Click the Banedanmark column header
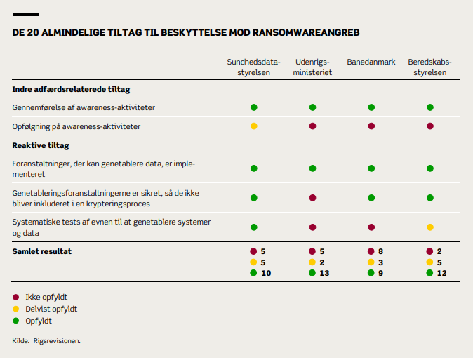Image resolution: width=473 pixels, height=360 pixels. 371,62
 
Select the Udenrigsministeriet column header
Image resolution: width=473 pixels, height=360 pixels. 312,67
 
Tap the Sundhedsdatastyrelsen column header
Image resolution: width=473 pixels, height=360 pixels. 253,67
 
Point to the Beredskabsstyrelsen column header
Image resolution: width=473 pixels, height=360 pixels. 429,67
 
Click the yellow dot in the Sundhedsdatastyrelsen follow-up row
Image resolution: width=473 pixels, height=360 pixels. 254,126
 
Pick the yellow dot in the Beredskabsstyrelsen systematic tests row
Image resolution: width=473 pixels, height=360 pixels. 430,227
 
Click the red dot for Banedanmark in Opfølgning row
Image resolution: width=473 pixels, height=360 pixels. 371,126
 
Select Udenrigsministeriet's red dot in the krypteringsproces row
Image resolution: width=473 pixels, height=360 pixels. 312,198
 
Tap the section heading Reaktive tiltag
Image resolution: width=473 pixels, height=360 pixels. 41,146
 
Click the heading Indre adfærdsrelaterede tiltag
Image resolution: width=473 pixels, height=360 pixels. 71,90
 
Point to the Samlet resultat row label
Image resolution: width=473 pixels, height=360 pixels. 41,251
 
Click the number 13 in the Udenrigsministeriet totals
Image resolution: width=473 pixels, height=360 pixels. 324,273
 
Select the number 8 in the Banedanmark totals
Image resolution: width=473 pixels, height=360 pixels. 380,251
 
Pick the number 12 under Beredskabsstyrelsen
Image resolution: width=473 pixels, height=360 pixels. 442,273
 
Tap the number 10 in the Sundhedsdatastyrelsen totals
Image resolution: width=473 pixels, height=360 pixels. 266,273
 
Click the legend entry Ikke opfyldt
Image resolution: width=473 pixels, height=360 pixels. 46,297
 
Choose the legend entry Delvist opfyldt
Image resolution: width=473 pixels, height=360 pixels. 51,309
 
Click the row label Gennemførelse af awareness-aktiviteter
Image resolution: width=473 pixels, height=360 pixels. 84,107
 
